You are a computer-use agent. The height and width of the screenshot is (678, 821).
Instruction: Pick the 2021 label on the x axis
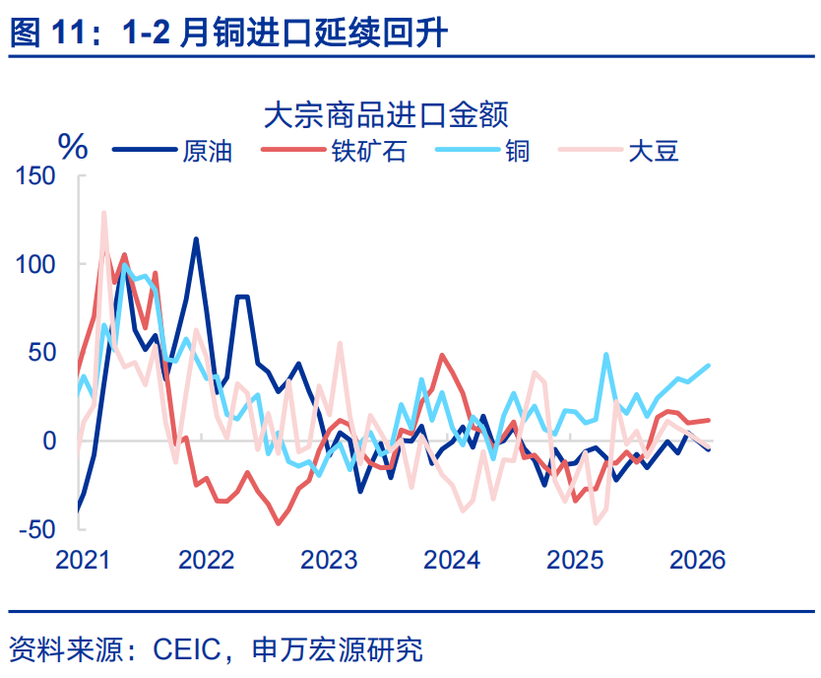tap(83, 561)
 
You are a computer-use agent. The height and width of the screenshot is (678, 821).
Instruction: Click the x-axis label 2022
tap(206, 561)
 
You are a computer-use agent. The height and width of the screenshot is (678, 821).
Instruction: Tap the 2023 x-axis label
tap(329, 561)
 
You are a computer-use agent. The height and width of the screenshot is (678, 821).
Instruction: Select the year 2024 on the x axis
tap(452, 561)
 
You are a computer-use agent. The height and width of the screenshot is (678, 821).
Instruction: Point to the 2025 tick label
tap(575, 561)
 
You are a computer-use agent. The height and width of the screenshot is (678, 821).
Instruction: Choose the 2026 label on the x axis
tap(697, 561)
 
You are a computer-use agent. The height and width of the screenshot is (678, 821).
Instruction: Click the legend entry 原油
tap(207, 151)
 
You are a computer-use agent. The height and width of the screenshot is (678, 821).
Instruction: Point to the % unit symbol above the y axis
tap(73, 148)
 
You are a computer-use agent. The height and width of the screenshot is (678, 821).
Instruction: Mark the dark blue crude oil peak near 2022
tap(197, 238)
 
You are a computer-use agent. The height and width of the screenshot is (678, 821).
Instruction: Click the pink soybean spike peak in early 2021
tap(104, 212)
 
